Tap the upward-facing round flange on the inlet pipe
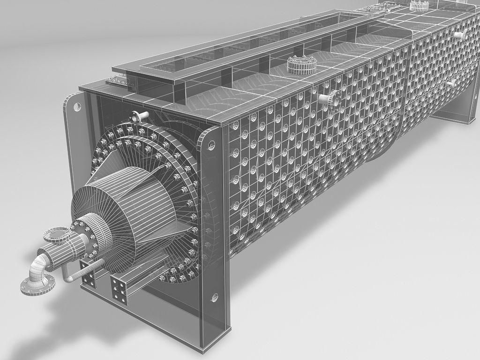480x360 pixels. coord(58,233)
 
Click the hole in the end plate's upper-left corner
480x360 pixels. coord(75,106)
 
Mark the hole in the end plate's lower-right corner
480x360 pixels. coord(215,297)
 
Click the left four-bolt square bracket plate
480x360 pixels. coord(89,281)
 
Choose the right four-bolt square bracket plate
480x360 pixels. coord(119,289)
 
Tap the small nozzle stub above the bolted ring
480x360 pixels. coord(140,115)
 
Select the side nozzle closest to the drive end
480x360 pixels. coord(332,98)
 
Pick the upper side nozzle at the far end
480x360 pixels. coord(461,33)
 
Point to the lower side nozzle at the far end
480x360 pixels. coord(452,83)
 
